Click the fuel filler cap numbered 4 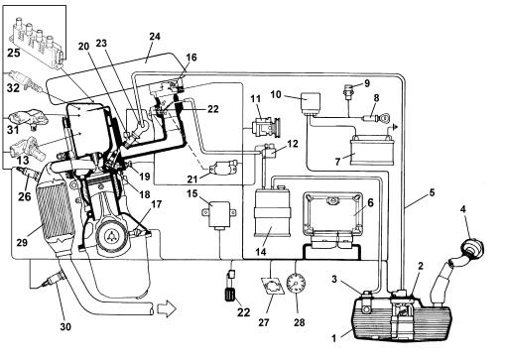[x=471, y=248]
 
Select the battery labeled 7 [x=372, y=150]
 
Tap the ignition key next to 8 [x=384, y=118]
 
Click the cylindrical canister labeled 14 [x=272, y=211]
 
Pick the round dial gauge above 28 [x=296, y=283]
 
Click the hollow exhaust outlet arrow [x=166, y=309]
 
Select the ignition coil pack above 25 [x=38, y=42]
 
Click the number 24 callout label [x=155, y=37]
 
